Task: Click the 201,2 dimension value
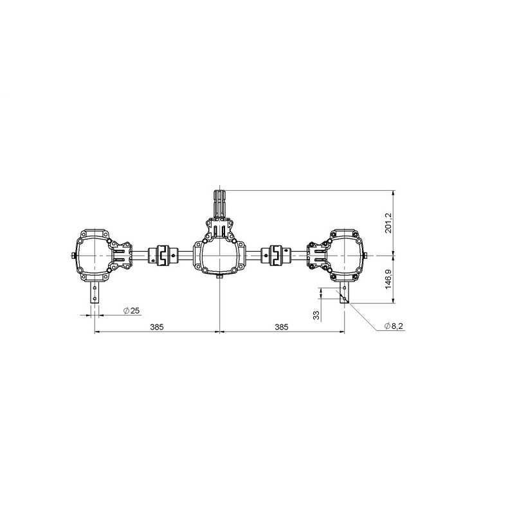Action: point(389,222)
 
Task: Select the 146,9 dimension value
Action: point(389,279)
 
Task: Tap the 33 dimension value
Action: point(316,315)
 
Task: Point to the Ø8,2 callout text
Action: point(394,326)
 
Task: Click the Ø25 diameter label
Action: point(132,310)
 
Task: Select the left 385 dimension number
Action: point(156,327)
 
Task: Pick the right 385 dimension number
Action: point(282,327)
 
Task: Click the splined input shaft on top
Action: point(219,202)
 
